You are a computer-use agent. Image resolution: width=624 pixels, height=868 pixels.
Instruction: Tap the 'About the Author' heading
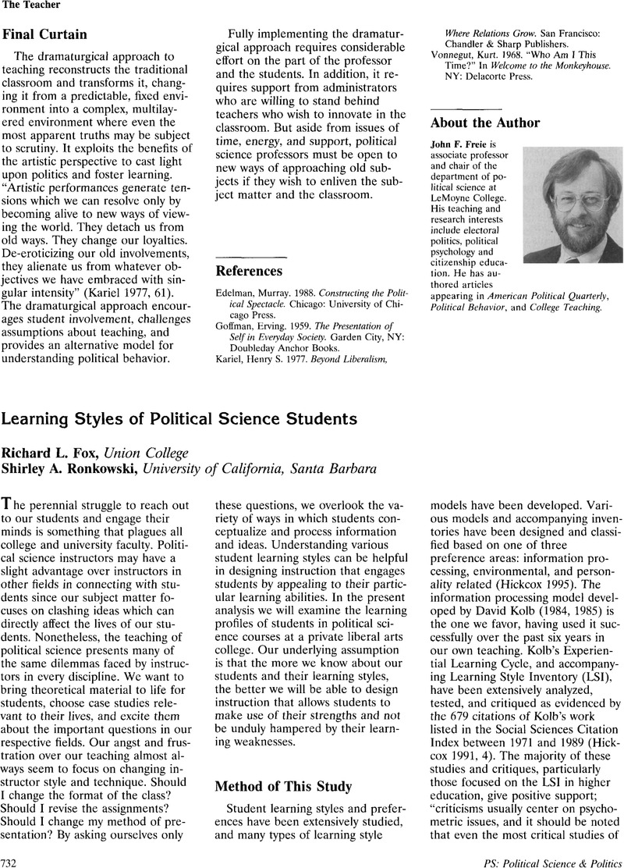485,122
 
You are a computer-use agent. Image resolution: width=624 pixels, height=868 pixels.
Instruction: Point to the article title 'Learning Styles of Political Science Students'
179,419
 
